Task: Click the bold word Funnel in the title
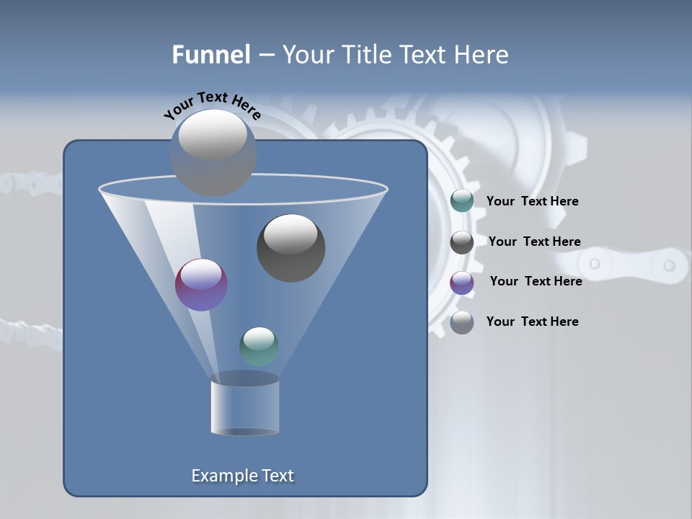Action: [210, 55]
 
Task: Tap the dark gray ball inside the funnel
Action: [290, 248]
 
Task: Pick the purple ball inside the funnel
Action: [201, 285]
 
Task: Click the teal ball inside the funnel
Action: [259, 346]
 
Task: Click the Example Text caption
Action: [242, 476]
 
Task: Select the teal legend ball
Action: [462, 201]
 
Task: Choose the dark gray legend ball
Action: [462, 242]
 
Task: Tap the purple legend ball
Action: [462, 283]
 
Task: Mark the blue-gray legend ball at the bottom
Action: [462, 322]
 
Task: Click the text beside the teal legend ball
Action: [532, 202]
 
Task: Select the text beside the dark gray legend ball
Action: [534, 242]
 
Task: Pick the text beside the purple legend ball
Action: [536, 282]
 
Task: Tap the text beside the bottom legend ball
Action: [532, 322]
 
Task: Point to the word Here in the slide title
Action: [482, 55]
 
